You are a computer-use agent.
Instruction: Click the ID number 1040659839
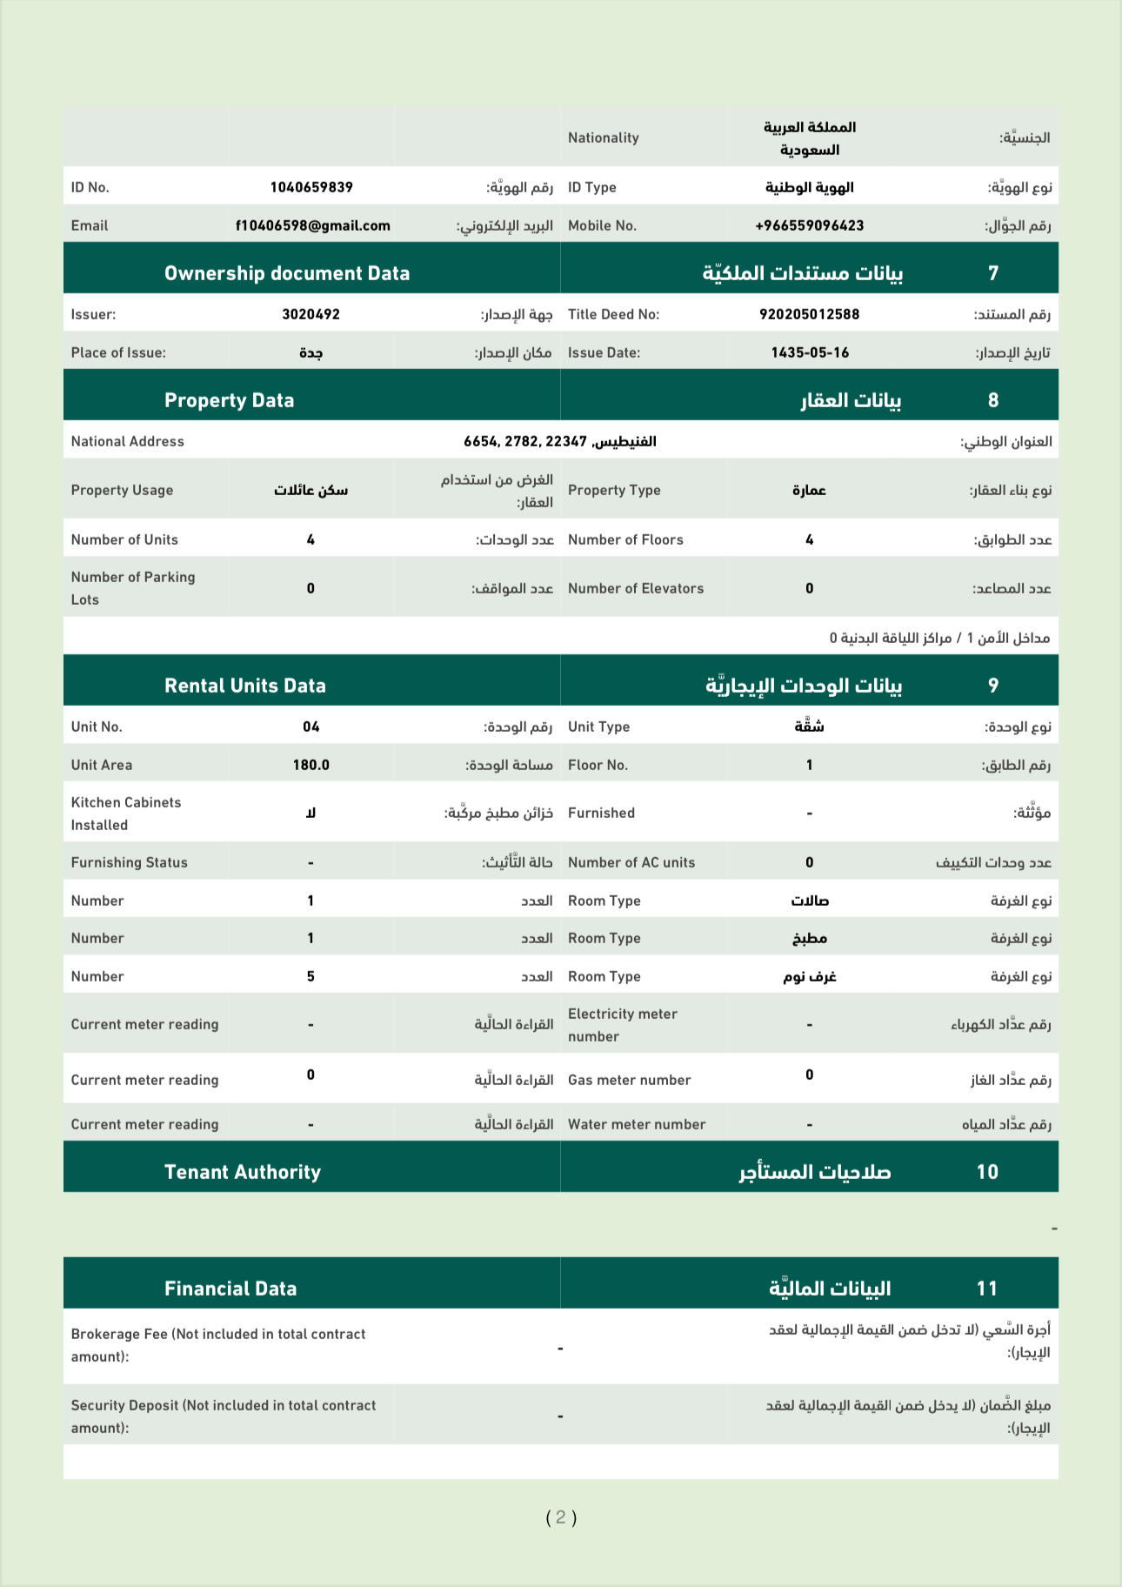[x=311, y=187]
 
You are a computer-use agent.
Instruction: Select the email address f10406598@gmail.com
[x=312, y=225]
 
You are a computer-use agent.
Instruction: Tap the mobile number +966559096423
[x=809, y=225]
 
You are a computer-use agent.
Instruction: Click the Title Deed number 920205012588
[x=809, y=314]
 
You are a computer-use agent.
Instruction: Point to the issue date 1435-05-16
[x=809, y=352]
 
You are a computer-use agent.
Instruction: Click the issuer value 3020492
[x=311, y=314]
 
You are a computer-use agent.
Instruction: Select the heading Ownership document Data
[x=287, y=273]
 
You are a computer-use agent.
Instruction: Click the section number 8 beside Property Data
[x=993, y=400]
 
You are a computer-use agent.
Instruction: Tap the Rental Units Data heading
[x=245, y=686]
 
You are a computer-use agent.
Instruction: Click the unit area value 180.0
[x=311, y=765]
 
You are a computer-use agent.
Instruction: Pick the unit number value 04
[x=311, y=727]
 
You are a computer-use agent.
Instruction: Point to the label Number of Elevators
[x=636, y=588]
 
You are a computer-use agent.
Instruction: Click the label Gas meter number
[x=629, y=1080]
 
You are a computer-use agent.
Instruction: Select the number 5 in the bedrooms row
[x=311, y=976]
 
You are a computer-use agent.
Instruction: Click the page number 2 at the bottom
[x=561, y=1517]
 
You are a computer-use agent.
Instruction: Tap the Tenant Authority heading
[x=243, y=1172]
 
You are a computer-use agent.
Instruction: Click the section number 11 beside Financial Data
[x=987, y=1289]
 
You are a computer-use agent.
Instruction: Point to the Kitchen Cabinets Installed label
[x=126, y=814]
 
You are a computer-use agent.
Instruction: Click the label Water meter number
[x=637, y=1124]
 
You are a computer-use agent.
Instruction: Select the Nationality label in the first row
[x=603, y=137]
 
